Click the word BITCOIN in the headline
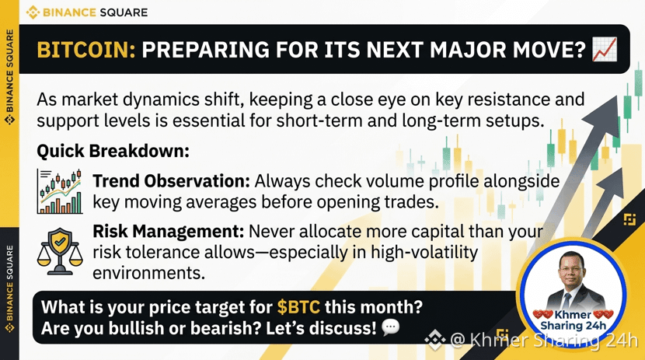[86, 50]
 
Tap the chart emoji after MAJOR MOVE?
[605, 49]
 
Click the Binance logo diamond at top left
[33, 12]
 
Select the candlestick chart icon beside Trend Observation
[60, 191]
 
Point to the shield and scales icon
[60, 251]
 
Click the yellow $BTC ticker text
[298, 307]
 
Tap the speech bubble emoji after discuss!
[390, 327]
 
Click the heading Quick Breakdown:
[113, 152]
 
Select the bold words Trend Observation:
[171, 181]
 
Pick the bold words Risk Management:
[168, 231]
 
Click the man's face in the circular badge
[572, 270]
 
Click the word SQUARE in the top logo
[124, 12]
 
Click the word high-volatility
[424, 252]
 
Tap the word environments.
[148, 273]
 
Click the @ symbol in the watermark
[458, 341]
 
